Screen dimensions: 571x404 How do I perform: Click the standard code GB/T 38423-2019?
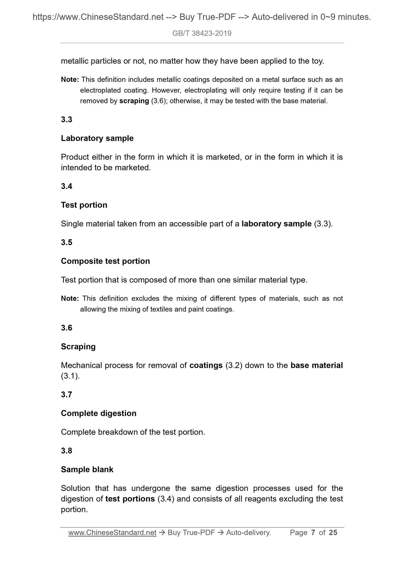pos(202,34)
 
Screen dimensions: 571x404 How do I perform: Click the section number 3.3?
pos(67,120)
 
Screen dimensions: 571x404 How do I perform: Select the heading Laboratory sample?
pos(97,138)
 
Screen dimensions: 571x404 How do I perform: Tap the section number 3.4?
pos(67,186)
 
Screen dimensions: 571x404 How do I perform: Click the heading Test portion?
pos(84,205)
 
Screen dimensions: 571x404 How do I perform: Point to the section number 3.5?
pos(67,242)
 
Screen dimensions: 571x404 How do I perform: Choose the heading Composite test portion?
pos(105,261)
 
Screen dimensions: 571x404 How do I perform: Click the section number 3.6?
pos(67,328)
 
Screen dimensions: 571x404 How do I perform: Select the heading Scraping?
pos(78,347)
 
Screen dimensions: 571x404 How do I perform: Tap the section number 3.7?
pos(67,395)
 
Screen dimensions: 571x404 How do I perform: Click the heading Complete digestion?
pos(98,413)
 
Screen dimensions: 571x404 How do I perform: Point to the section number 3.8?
pos(67,451)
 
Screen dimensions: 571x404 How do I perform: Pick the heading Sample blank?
pos(87,470)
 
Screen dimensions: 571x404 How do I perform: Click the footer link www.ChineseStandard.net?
pos(112,533)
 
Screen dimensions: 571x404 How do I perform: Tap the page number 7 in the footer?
pos(313,533)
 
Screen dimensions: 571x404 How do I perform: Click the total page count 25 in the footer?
pos(333,533)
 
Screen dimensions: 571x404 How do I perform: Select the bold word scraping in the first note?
pos(134,101)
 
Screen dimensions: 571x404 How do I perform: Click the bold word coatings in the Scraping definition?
pos(206,365)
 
